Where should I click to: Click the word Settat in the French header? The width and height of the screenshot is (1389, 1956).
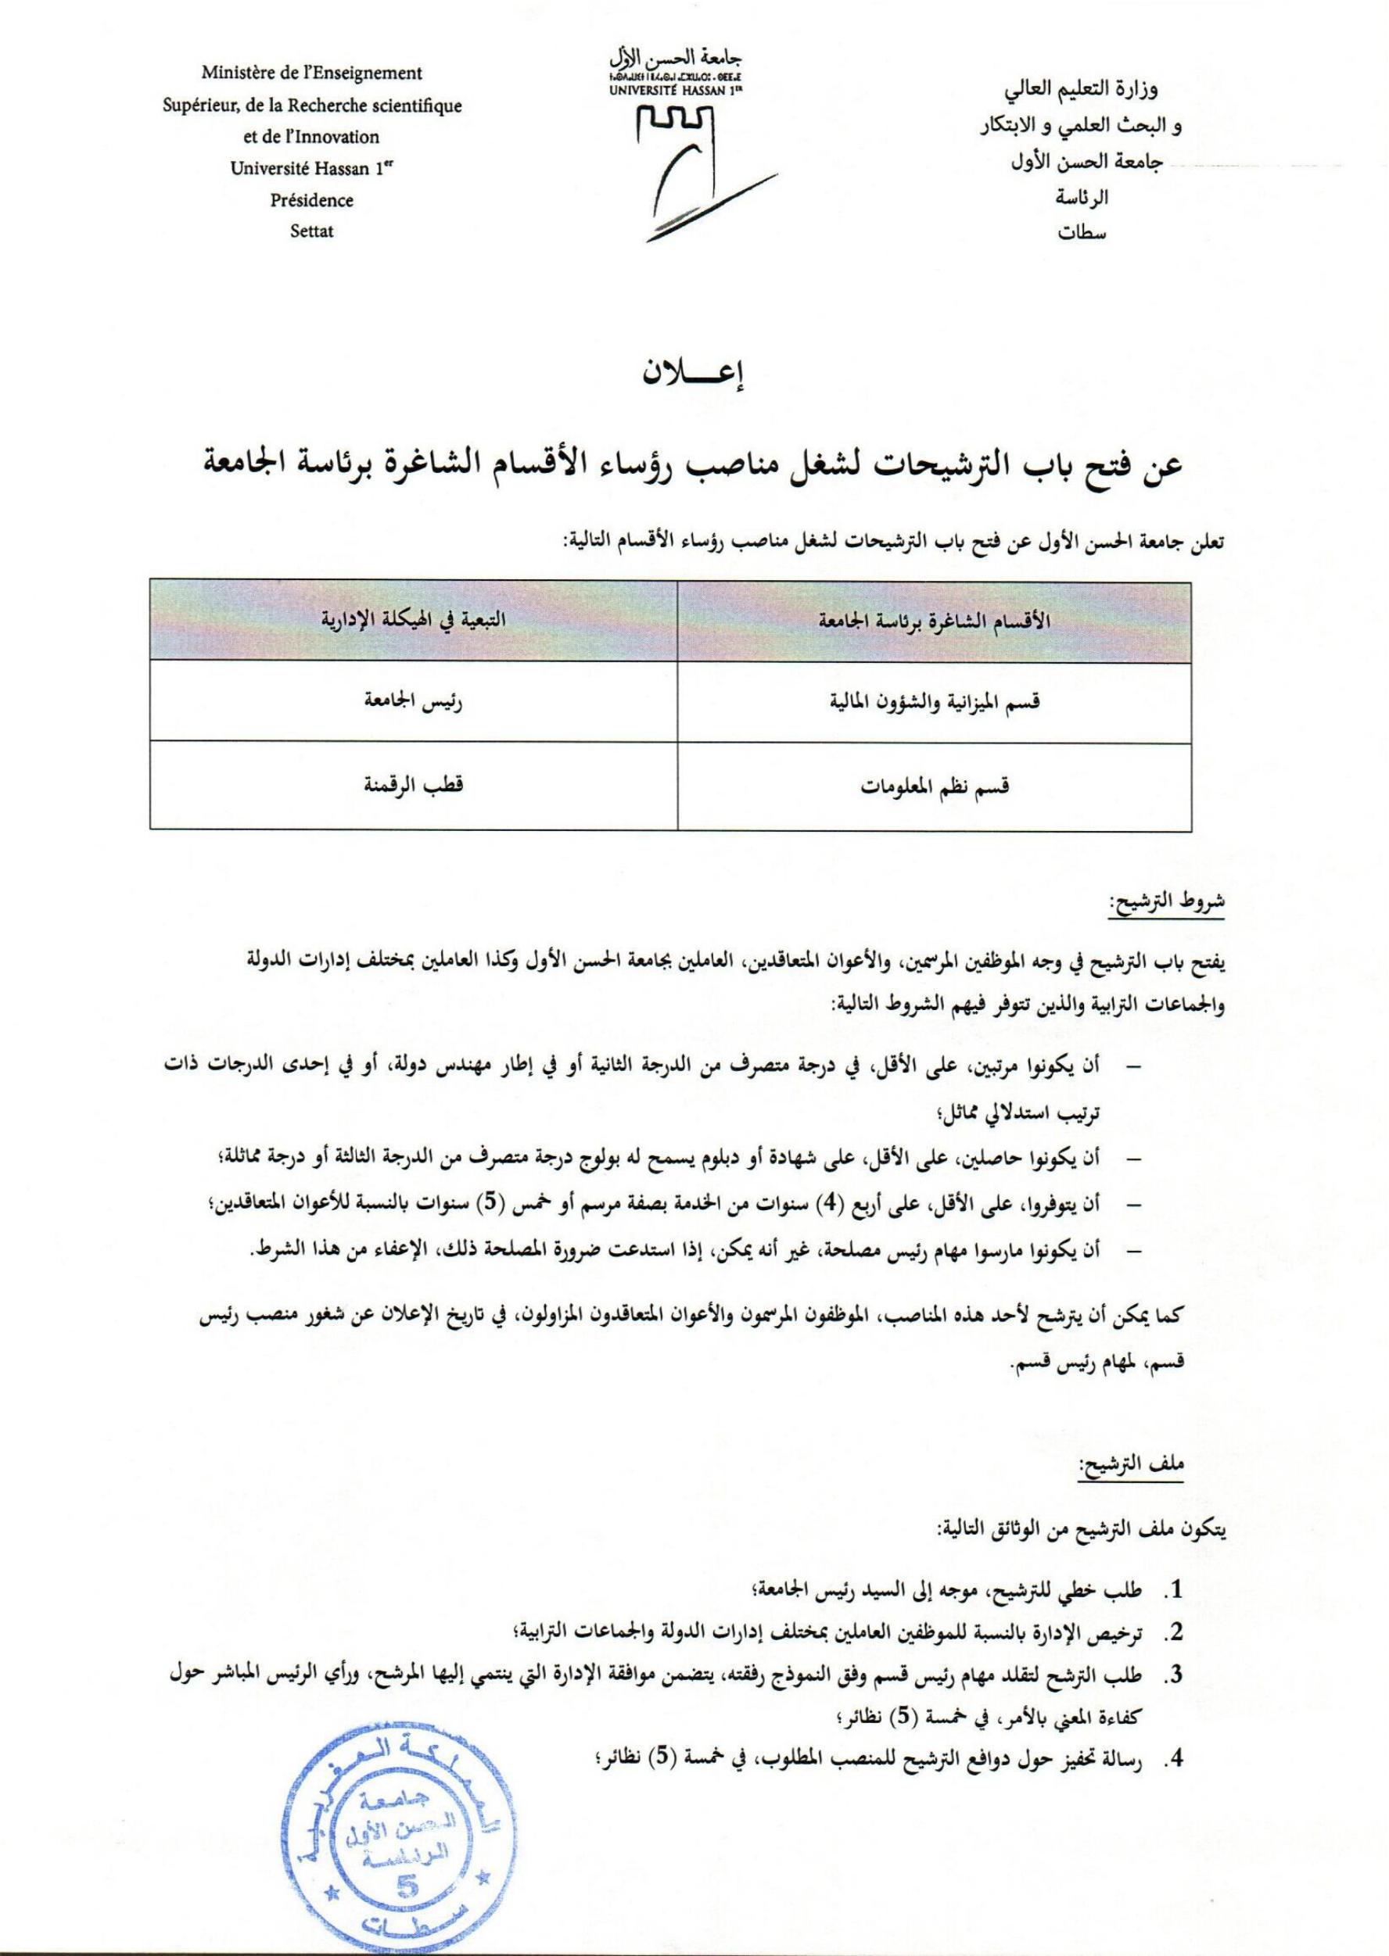311,231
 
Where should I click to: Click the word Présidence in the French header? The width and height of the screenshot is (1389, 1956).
311,200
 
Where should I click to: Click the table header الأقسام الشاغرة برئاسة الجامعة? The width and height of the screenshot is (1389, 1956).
934,622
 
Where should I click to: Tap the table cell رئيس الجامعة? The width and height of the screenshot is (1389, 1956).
414,701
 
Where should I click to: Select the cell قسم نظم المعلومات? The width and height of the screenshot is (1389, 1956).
934,786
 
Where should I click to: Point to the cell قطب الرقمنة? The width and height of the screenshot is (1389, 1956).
414,784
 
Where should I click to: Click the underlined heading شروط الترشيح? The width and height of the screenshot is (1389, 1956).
1167,904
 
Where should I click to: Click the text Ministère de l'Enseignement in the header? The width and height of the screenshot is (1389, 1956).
311,73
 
